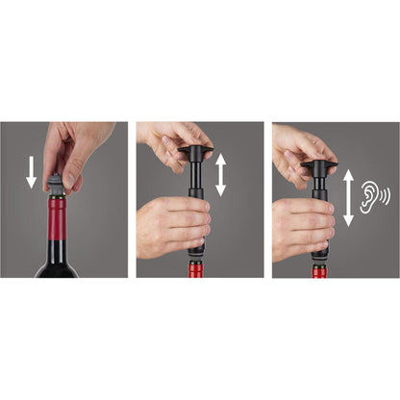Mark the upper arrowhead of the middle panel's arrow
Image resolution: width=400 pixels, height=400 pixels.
[x=220, y=159]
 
